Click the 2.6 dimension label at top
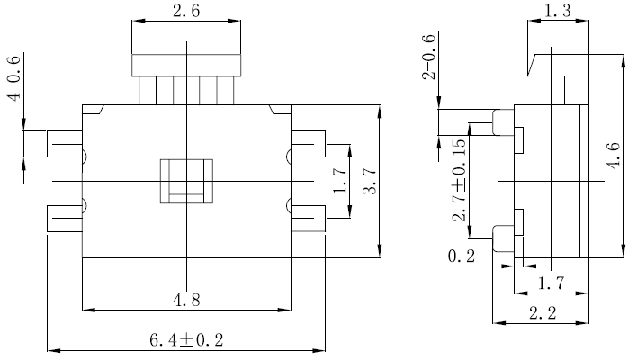tap(185, 12)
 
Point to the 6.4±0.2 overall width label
tap(185, 340)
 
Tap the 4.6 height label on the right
tap(612, 153)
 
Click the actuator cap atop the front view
tap(187, 65)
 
